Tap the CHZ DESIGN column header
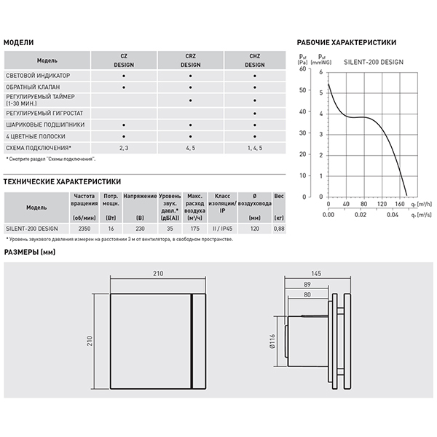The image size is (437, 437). (x=254, y=60)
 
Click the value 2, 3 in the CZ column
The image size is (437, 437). (x=124, y=148)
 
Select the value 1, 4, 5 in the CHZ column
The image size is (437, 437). (x=254, y=148)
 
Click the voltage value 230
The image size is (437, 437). (x=140, y=229)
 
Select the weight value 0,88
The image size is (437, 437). (x=279, y=229)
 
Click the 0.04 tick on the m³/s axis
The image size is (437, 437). (x=392, y=215)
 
